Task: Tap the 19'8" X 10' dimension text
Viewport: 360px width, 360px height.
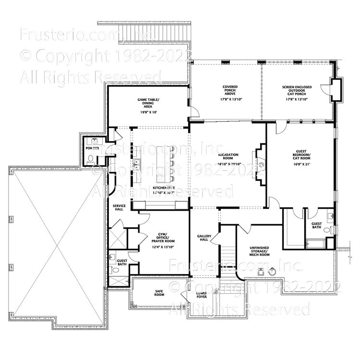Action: pyautogui.click(x=148, y=112)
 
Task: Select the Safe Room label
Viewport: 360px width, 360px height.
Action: pyautogui.click(x=159, y=292)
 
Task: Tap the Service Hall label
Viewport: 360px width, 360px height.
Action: pyautogui.click(x=119, y=207)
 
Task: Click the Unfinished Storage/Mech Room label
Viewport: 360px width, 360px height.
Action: pyautogui.click(x=260, y=252)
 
